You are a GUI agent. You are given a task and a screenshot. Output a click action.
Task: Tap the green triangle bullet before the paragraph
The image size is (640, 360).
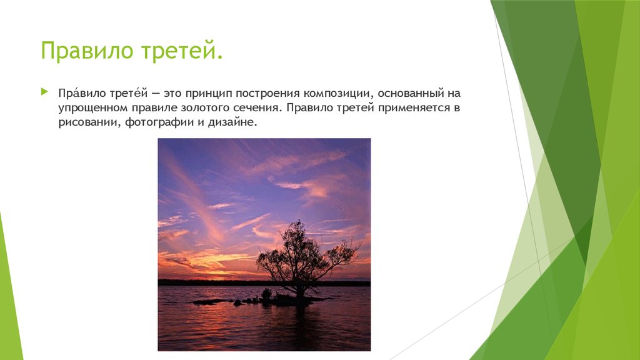coord(44,92)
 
